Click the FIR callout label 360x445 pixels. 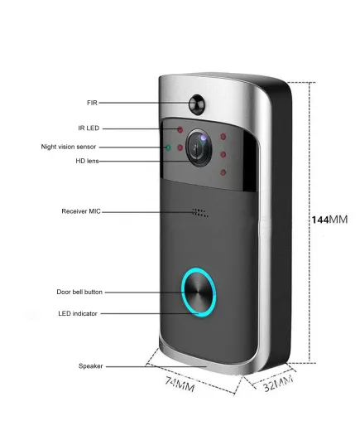(92, 103)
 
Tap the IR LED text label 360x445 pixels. (89, 128)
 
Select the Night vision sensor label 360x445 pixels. (69, 147)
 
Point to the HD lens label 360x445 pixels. (87, 161)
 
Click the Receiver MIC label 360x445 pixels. (81, 211)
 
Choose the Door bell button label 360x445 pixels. (79, 292)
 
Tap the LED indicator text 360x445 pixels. (78, 313)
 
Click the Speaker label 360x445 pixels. (91, 366)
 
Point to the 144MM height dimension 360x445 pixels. (329, 220)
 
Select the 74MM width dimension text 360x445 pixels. (180, 385)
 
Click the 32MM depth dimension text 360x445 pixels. (278, 384)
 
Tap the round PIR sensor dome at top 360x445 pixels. (197, 104)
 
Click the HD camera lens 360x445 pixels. (199, 148)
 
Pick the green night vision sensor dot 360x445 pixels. (168, 148)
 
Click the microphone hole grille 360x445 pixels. (200, 213)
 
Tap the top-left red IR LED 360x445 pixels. (180, 130)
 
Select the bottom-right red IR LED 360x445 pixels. (223, 172)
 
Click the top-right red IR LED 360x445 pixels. (223, 137)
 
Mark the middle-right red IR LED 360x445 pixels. (223, 155)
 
